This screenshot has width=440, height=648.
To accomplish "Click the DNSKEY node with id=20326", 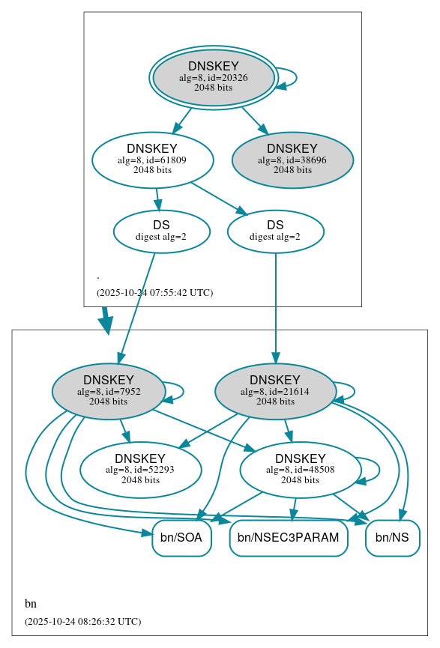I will (x=214, y=77).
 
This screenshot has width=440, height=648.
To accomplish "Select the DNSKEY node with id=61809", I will (x=152, y=160).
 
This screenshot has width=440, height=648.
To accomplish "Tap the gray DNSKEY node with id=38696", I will (x=292, y=160).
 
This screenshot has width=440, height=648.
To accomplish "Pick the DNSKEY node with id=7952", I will (x=108, y=390).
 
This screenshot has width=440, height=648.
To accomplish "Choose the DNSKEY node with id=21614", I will (x=275, y=390).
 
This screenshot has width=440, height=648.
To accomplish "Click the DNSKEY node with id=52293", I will (x=141, y=470).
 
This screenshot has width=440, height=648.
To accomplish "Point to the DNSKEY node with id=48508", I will (x=300, y=470).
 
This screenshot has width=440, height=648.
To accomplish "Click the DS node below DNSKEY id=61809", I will (x=161, y=231).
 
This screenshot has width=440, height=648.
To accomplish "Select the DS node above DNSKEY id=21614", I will (x=275, y=231).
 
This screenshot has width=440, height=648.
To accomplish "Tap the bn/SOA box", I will (x=182, y=538).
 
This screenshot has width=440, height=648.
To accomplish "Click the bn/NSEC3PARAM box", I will (x=289, y=538).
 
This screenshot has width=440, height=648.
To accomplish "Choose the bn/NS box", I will (x=392, y=538).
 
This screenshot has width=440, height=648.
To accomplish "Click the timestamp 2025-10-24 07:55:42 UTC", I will (x=155, y=292).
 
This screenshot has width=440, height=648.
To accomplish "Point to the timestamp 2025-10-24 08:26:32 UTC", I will (x=82, y=621).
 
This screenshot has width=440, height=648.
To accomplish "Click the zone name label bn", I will (x=31, y=604).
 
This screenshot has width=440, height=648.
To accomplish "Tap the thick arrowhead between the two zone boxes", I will (x=106, y=323).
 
